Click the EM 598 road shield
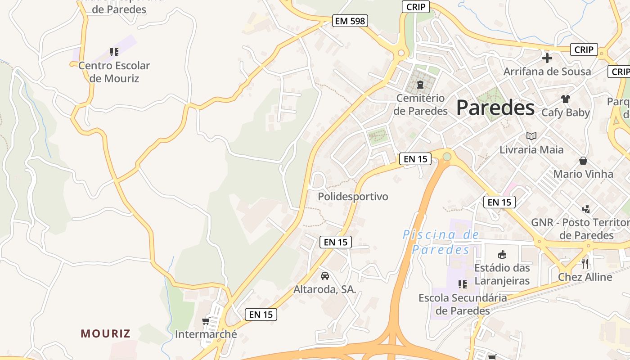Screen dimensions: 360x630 tap(350, 21)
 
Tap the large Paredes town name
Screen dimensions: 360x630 tap(495, 108)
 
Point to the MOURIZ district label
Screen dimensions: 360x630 tap(106, 333)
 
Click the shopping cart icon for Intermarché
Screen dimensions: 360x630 tap(206, 321)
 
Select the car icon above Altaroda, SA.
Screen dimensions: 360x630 tap(325, 275)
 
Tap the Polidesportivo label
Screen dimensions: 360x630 tap(353, 197)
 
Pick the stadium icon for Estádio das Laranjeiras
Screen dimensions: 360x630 tap(502, 255)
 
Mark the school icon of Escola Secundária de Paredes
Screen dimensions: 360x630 tap(462, 284)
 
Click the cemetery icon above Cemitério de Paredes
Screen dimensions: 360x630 tap(420, 85)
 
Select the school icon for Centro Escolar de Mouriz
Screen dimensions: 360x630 tap(114, 52)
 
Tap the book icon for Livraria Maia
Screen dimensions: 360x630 tap(531, 136)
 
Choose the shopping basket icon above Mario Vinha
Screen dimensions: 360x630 tap(583, 161)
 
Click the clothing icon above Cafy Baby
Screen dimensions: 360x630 tap(566, 99)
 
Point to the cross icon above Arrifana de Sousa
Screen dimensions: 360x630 tap(547, 58)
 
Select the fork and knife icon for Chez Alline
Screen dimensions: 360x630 tap(585, 263)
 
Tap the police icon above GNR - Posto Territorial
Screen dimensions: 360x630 tap(586, 209)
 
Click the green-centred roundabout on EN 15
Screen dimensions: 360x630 tap(447, 157)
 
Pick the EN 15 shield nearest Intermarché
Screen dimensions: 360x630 tap(261, 315)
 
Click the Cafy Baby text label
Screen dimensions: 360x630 tap(566, 112)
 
